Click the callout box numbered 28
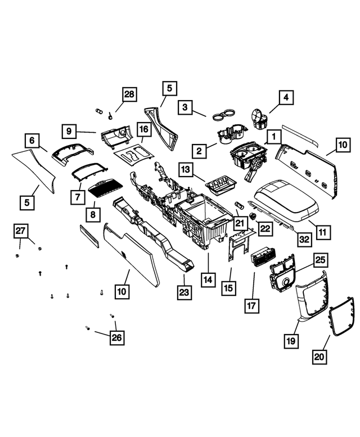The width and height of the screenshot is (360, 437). pos(129,94)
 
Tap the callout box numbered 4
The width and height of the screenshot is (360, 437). pos(286,97)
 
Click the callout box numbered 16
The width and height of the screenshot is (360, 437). pos(144,130)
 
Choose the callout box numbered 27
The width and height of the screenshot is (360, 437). pos(21,231)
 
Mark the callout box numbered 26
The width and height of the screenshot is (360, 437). pos(116,337)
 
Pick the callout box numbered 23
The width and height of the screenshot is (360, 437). pos(184,292)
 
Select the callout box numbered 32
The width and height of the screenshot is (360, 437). pos(304,239)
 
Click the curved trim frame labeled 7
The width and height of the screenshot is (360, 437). pos(89,169)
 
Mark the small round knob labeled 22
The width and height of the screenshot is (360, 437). pos(253,216)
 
